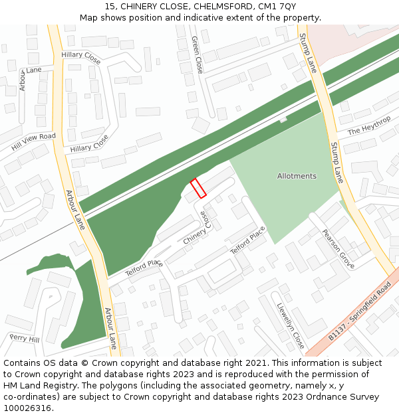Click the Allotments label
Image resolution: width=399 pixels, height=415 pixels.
tap(297, 176)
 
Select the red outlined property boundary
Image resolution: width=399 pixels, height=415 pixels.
tap(198, 188)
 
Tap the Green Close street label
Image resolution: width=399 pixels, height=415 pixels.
tap(197, 54)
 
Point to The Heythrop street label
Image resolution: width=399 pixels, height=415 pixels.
tap(368, 126)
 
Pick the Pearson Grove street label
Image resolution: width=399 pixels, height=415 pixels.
tap(338, 249)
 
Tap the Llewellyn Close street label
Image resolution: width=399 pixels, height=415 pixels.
tap(291, 326)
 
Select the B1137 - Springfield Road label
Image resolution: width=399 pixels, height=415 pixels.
tap(359, 318)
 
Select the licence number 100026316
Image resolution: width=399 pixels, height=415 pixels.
tap(27, 408)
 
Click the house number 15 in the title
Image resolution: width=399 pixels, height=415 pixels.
tap(109, 7)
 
